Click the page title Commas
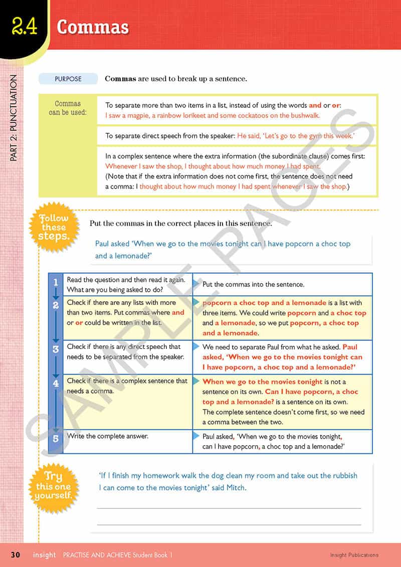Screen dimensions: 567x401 pos(93,27)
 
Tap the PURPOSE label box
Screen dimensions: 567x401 pos(68,79)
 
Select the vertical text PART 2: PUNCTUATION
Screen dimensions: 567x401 pos(14,118)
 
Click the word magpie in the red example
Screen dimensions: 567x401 pos(131,115)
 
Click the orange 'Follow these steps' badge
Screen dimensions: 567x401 pos(54,227)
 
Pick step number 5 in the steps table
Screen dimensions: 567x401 pos(56,438)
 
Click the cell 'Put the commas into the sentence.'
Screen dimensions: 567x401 pos(253,284)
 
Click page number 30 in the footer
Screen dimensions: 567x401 pos(16,555)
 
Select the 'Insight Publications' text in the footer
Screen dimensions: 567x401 pos(354,555)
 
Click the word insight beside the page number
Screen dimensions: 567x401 pos(45,555)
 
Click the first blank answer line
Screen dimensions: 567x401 pos(229,508)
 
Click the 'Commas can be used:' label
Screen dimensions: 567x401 pos(68,108)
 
